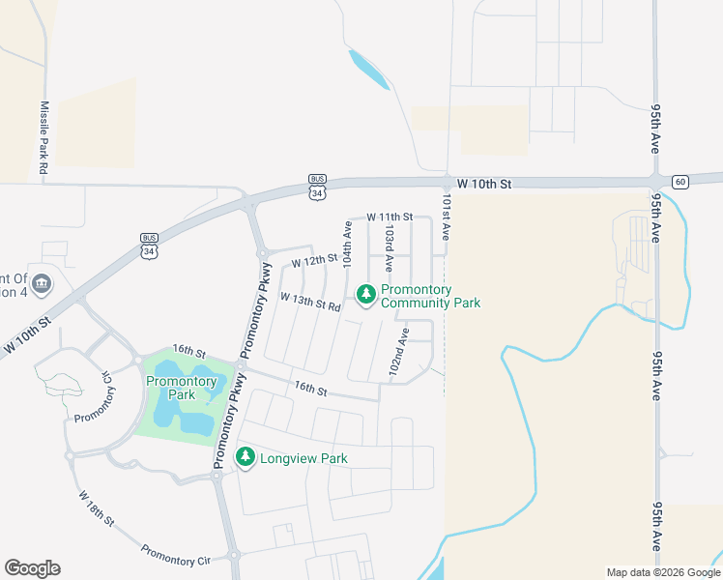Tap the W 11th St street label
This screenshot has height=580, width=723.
coord(389,217)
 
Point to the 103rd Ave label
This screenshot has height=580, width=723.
coord(389,248)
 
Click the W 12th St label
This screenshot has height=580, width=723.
coord(314,259)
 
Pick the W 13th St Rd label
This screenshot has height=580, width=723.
coord(311,302)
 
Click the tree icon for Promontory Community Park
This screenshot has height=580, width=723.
coord(365,294)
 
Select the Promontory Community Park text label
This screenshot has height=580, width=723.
coord(430,296)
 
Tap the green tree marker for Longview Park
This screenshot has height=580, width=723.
coord(246,456)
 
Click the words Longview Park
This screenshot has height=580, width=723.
coord(304,458)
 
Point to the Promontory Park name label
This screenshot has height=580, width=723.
coord(182,388)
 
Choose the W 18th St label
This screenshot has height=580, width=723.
coord(96,506)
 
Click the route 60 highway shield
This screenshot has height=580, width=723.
coord(680,181)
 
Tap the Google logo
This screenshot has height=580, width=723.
coord(32,567)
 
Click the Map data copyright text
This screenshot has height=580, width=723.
coord(663,572)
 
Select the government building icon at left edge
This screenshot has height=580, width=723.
coord(42,283)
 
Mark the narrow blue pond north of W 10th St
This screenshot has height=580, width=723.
coord(369,69)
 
